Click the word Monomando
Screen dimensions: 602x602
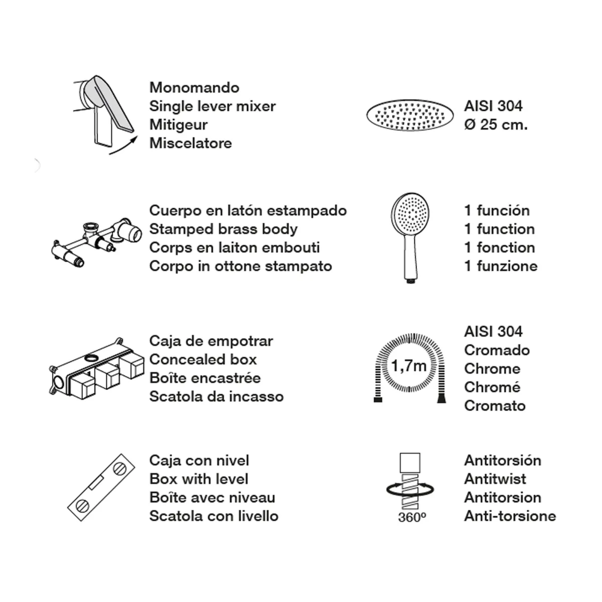pyautogui.click(x=194, y=88)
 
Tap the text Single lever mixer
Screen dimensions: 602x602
pyautogui.click(x=212, y=106)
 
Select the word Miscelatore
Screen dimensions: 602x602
pyautogui.click(x=191, y=143)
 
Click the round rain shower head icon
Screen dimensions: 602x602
pyautogui.click(x=410, y=115)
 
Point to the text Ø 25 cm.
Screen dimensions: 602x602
pyautogui.click(x=496, y=125)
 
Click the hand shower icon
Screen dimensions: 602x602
pyautogui.click(x=410, y=238)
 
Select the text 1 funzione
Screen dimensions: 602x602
pyautogui.click(x=501, y=266)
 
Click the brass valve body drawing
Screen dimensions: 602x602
pyautogui.click(x=96, y=242)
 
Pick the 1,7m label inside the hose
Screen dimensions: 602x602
pyautogui.click(x=409, y=366)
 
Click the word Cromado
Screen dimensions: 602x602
pyautogui.click(x=497, y=350)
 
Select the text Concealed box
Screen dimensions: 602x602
pyautogui.click(x=203, y=360)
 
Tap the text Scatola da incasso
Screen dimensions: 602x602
pyautogui.click(x=217, y=397)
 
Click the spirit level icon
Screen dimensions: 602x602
pyautogui.click(x=101, y=487)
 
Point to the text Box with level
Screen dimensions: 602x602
pyautogui.click(x=199, y=479)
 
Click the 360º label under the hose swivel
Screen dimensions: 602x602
pyautogui.click(x=412, y=518)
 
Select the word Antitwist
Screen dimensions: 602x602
pyautogui.click(x=495, y=479)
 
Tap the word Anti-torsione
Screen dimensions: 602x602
pyautogui.click(x=510, y=516)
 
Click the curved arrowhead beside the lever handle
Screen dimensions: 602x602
pyautogui.click(x=134, y=139)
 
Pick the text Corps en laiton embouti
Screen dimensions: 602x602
pyautogui.click(x=235, y=248)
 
